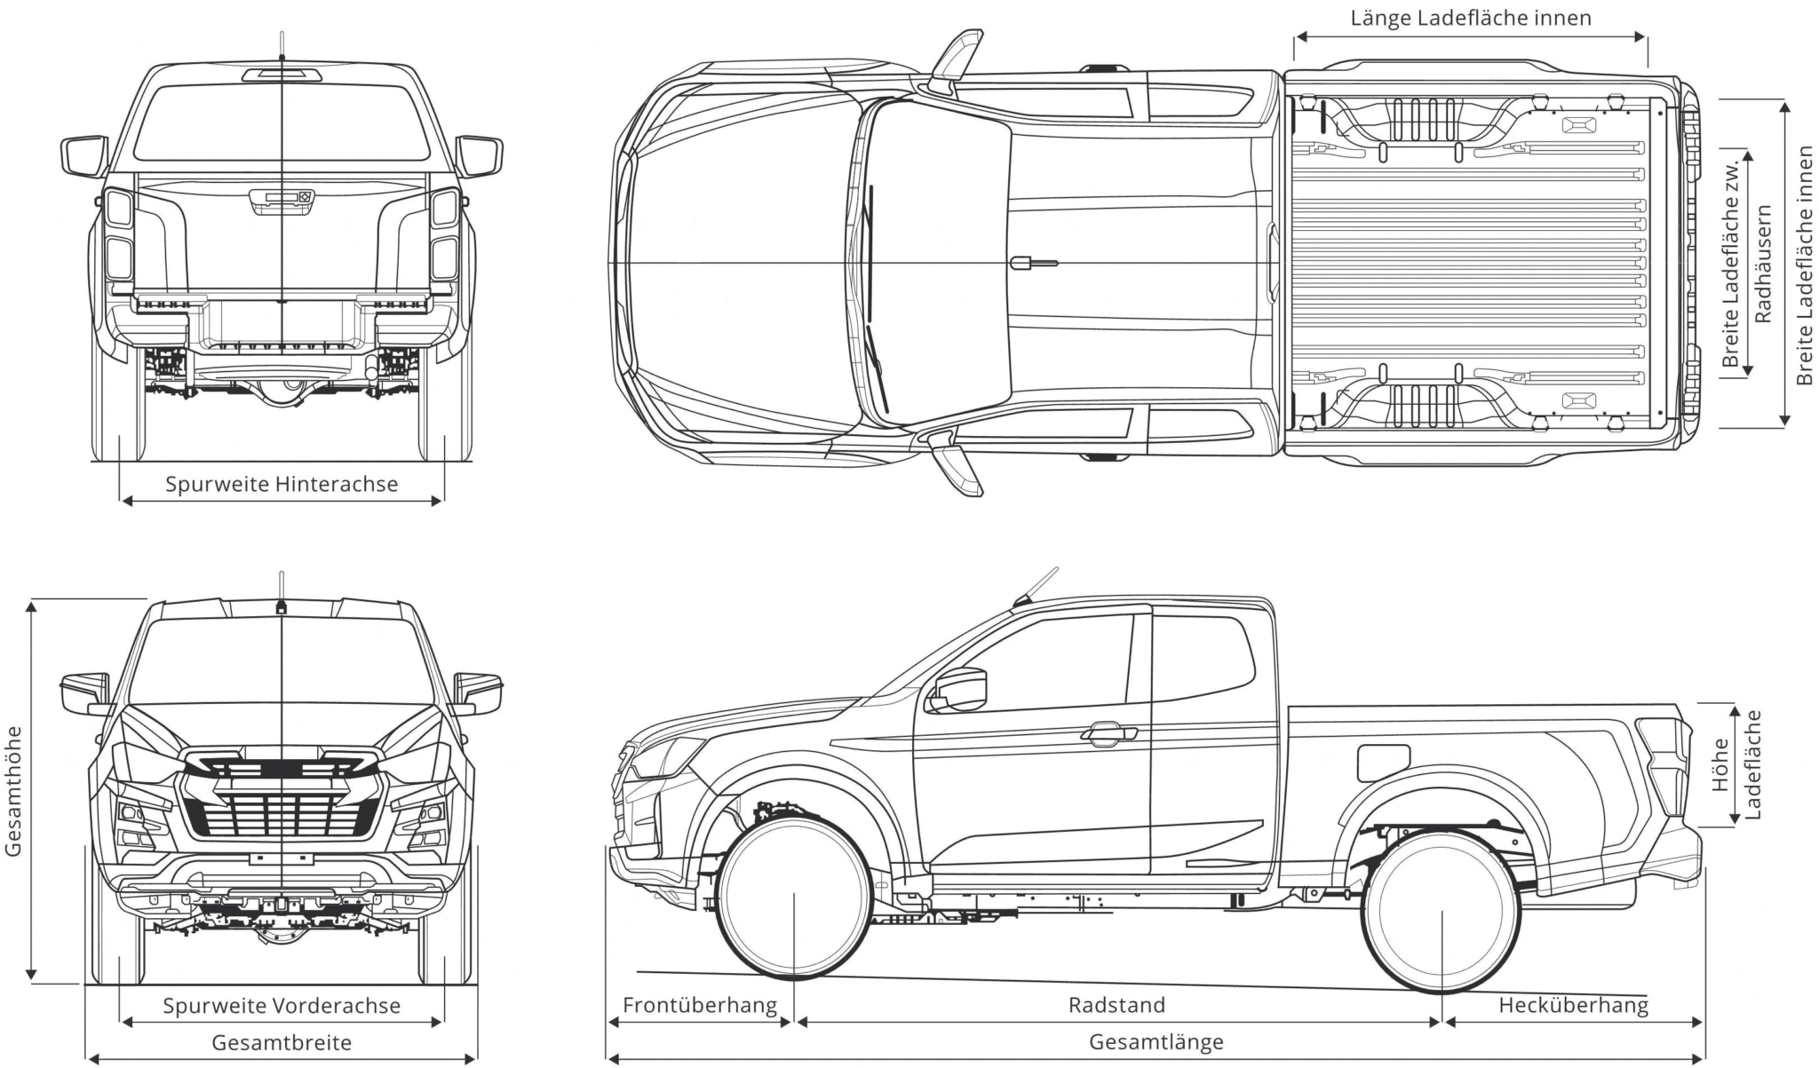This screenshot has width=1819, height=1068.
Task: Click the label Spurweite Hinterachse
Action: tap(281, 484)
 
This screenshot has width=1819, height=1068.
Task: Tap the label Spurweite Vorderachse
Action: tap(281, 1006)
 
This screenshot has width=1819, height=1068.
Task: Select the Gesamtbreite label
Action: tap(281, 1042)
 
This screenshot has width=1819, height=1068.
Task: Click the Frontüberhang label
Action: tap(699, 1005)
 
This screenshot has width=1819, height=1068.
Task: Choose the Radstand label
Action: tap(1116, 1005)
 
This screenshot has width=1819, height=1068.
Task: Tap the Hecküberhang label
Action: tap(1573, 1005)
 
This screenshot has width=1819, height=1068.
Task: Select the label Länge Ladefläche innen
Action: tap(1471, 18)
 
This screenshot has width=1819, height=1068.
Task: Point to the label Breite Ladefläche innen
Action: tap(1804, 265)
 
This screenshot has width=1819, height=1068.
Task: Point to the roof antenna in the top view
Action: tap(1033, 263)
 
